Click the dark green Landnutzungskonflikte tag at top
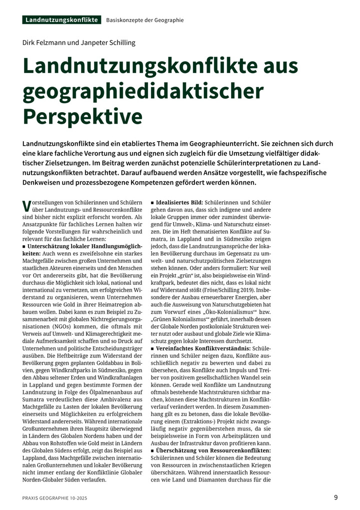tap(61, 20)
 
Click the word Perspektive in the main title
tap(82, 115)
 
